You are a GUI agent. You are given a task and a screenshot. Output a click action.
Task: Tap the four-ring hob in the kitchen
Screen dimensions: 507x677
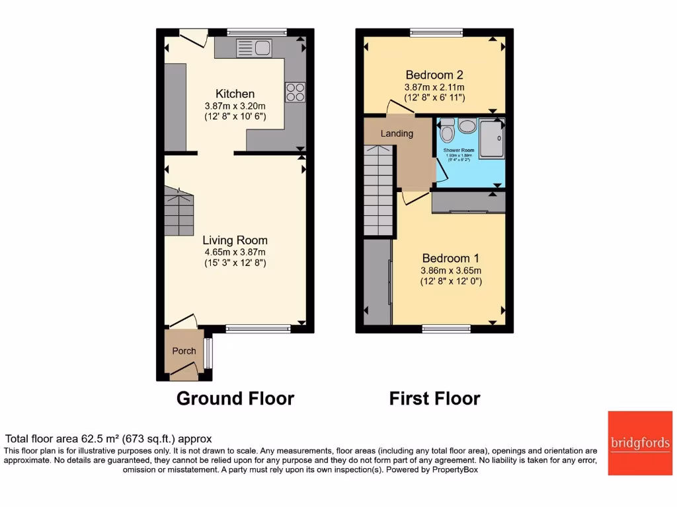(294, 92)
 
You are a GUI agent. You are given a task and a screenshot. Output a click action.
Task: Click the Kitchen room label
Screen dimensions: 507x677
(235, 94)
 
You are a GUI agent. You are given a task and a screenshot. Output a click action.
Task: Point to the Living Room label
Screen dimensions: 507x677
(235, 240)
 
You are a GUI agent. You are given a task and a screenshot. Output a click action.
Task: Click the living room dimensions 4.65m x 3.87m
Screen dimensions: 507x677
(235, 252)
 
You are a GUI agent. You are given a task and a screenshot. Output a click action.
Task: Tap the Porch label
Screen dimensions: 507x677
(184, 351)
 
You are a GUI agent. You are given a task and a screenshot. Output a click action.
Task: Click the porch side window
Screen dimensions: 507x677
(208, 353)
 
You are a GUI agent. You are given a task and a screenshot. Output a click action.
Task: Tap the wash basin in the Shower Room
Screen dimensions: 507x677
(468, 127)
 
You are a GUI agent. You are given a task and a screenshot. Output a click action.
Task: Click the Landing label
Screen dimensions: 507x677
(397, 133)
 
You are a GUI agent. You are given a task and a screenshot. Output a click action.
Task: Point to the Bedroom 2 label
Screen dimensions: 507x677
(434, 75)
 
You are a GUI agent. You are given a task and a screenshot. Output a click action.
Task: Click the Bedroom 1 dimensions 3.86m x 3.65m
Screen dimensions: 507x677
(451, 270)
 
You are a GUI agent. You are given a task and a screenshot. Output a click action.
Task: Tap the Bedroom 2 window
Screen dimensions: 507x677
(436, 31)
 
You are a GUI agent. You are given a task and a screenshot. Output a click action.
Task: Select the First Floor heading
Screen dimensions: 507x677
(434, 399)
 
